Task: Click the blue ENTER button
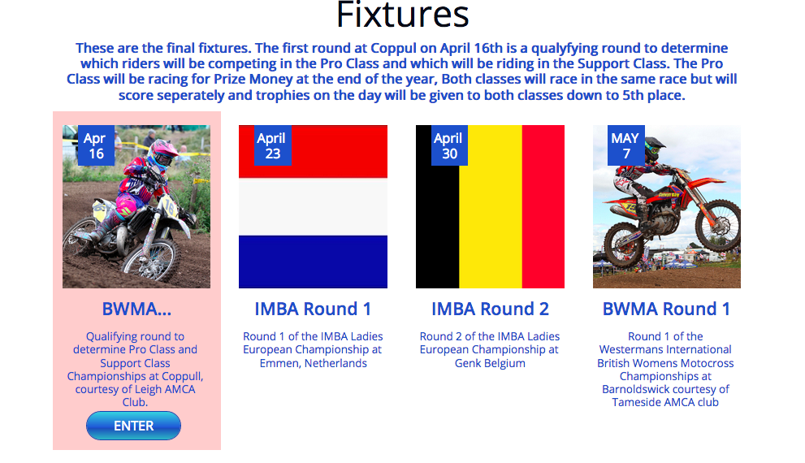(x=133, y=426)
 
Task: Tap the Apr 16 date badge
(x=96, y=145)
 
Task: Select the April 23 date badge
(x=273, y=145)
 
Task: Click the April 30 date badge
(x=449, y=145)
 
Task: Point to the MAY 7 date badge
(x=625, y=145)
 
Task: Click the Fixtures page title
(x=403, y=15)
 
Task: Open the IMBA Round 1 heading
(x=313, y=309)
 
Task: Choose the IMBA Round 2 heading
(x=490, y=309)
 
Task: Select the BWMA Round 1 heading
(x=666, y=309)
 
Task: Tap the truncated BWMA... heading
(x=136, y=309)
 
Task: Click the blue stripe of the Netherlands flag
(x=314, y=261)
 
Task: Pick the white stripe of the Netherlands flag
(x=314, y=206)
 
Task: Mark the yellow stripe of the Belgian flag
(x=491, y=206)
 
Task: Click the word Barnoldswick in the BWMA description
(x=634, y=389)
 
